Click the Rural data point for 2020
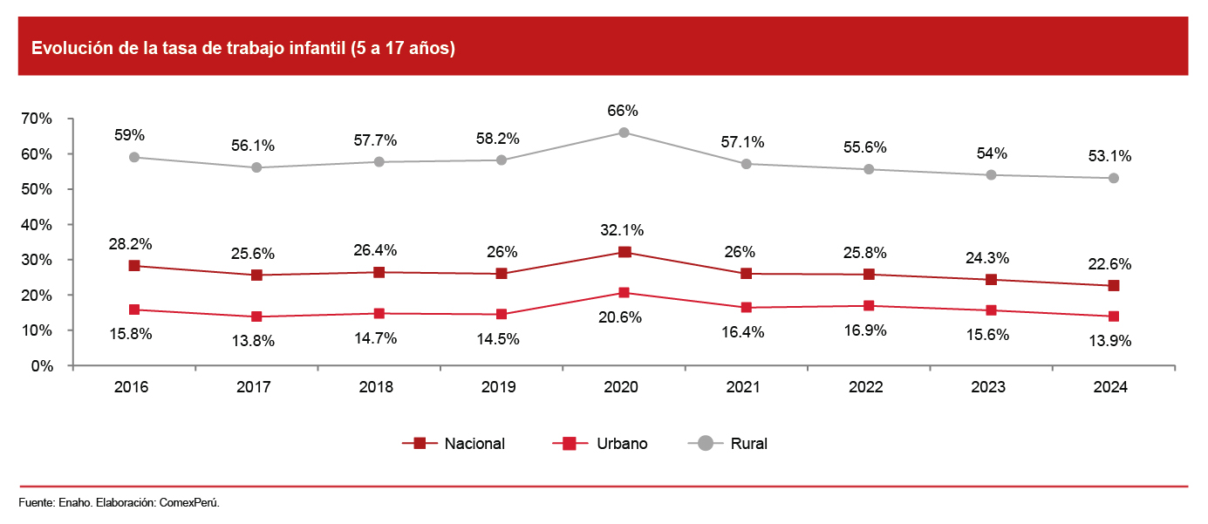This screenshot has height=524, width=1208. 624,133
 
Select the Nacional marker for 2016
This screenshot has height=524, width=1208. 134,266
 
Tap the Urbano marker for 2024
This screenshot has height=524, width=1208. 1114,316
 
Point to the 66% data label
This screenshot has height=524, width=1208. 624,111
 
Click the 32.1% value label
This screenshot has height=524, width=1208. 624,231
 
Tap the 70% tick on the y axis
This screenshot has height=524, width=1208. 38,119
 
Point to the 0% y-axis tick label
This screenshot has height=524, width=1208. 42,366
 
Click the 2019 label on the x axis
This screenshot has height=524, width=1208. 501,388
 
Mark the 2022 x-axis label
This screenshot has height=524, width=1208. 868,388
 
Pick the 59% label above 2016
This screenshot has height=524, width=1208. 130,135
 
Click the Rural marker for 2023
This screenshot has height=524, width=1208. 991,174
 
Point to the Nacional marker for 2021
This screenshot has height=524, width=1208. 747,274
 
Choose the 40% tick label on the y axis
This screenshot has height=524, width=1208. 38,225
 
